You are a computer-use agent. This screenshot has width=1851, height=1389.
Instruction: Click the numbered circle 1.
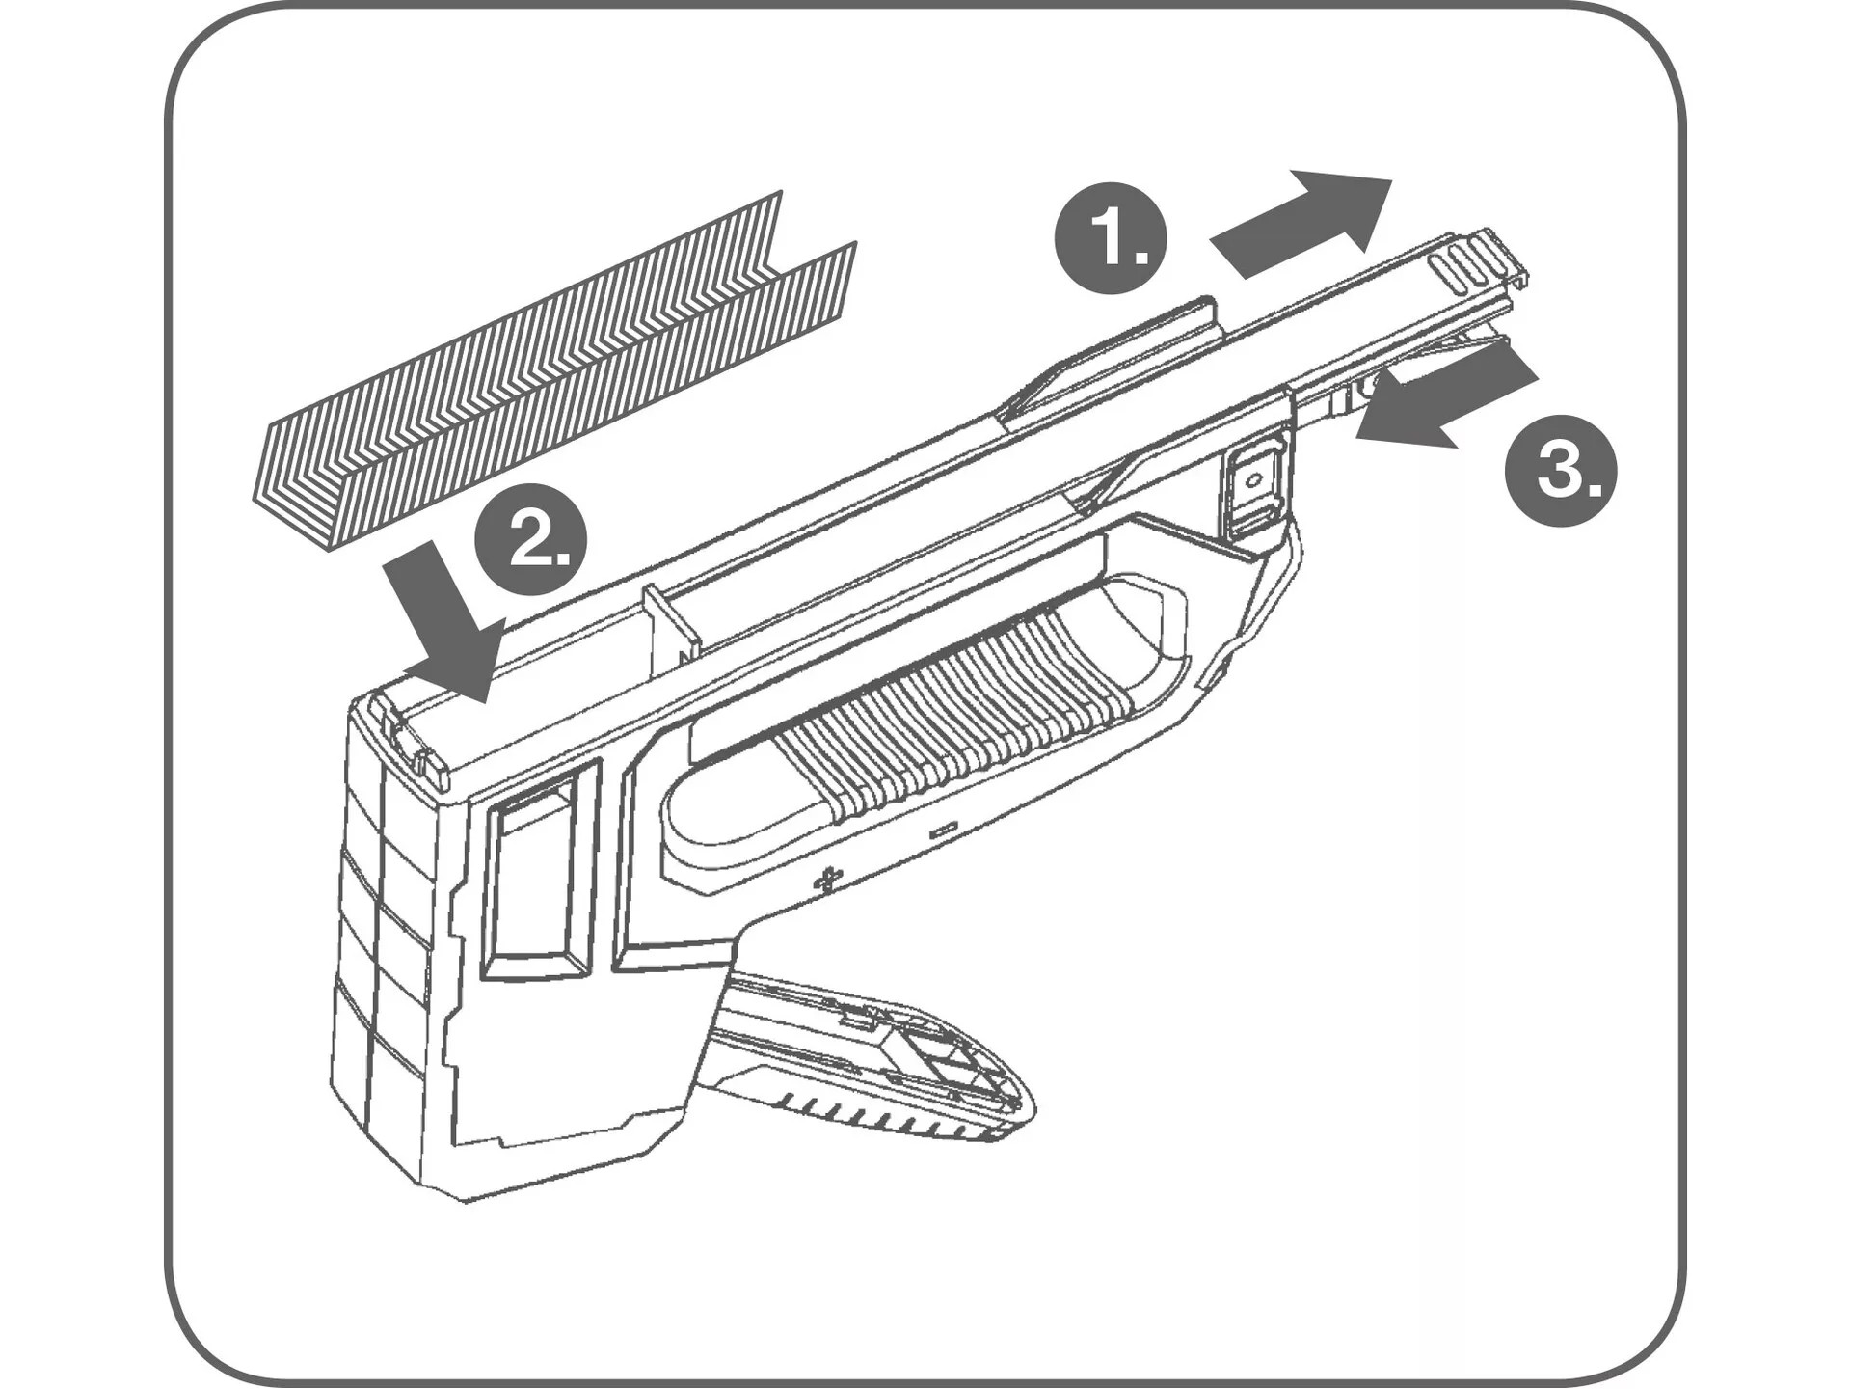(1112, 239)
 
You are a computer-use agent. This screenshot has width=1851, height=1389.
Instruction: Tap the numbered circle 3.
(1561, 470)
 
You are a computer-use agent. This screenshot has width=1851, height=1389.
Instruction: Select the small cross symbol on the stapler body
(827, 880)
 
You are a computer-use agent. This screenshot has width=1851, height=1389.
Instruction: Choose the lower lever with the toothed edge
(868, 1061)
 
